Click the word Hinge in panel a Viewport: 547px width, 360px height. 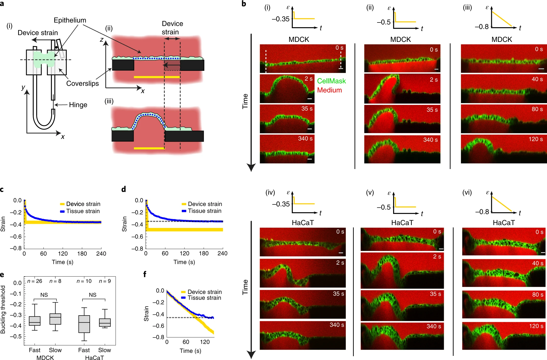click(78, 105)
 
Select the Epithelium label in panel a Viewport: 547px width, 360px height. click(70, 20)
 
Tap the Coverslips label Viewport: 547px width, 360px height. click(83, 83)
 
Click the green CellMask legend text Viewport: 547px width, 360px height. click(331, 81)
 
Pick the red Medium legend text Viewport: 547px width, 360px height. click(329, 90)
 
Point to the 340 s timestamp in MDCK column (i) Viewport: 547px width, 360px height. click(305, 139)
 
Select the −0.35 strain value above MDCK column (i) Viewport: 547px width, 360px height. click(281, 19)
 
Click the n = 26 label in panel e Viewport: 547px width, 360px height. click(35, 281)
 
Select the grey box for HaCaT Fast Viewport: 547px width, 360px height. click(84, 324)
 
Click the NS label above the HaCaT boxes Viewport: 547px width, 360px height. click(93, 295)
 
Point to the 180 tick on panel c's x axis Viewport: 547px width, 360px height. click(82, 254)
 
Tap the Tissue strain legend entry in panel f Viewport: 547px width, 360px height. click(204, 298)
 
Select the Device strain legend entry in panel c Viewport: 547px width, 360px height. click(83, 204)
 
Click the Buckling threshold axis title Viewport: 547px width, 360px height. click(3, 309)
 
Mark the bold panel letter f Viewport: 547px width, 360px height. click(145, 274)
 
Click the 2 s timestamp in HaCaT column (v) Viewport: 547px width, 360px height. click(437, 257)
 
